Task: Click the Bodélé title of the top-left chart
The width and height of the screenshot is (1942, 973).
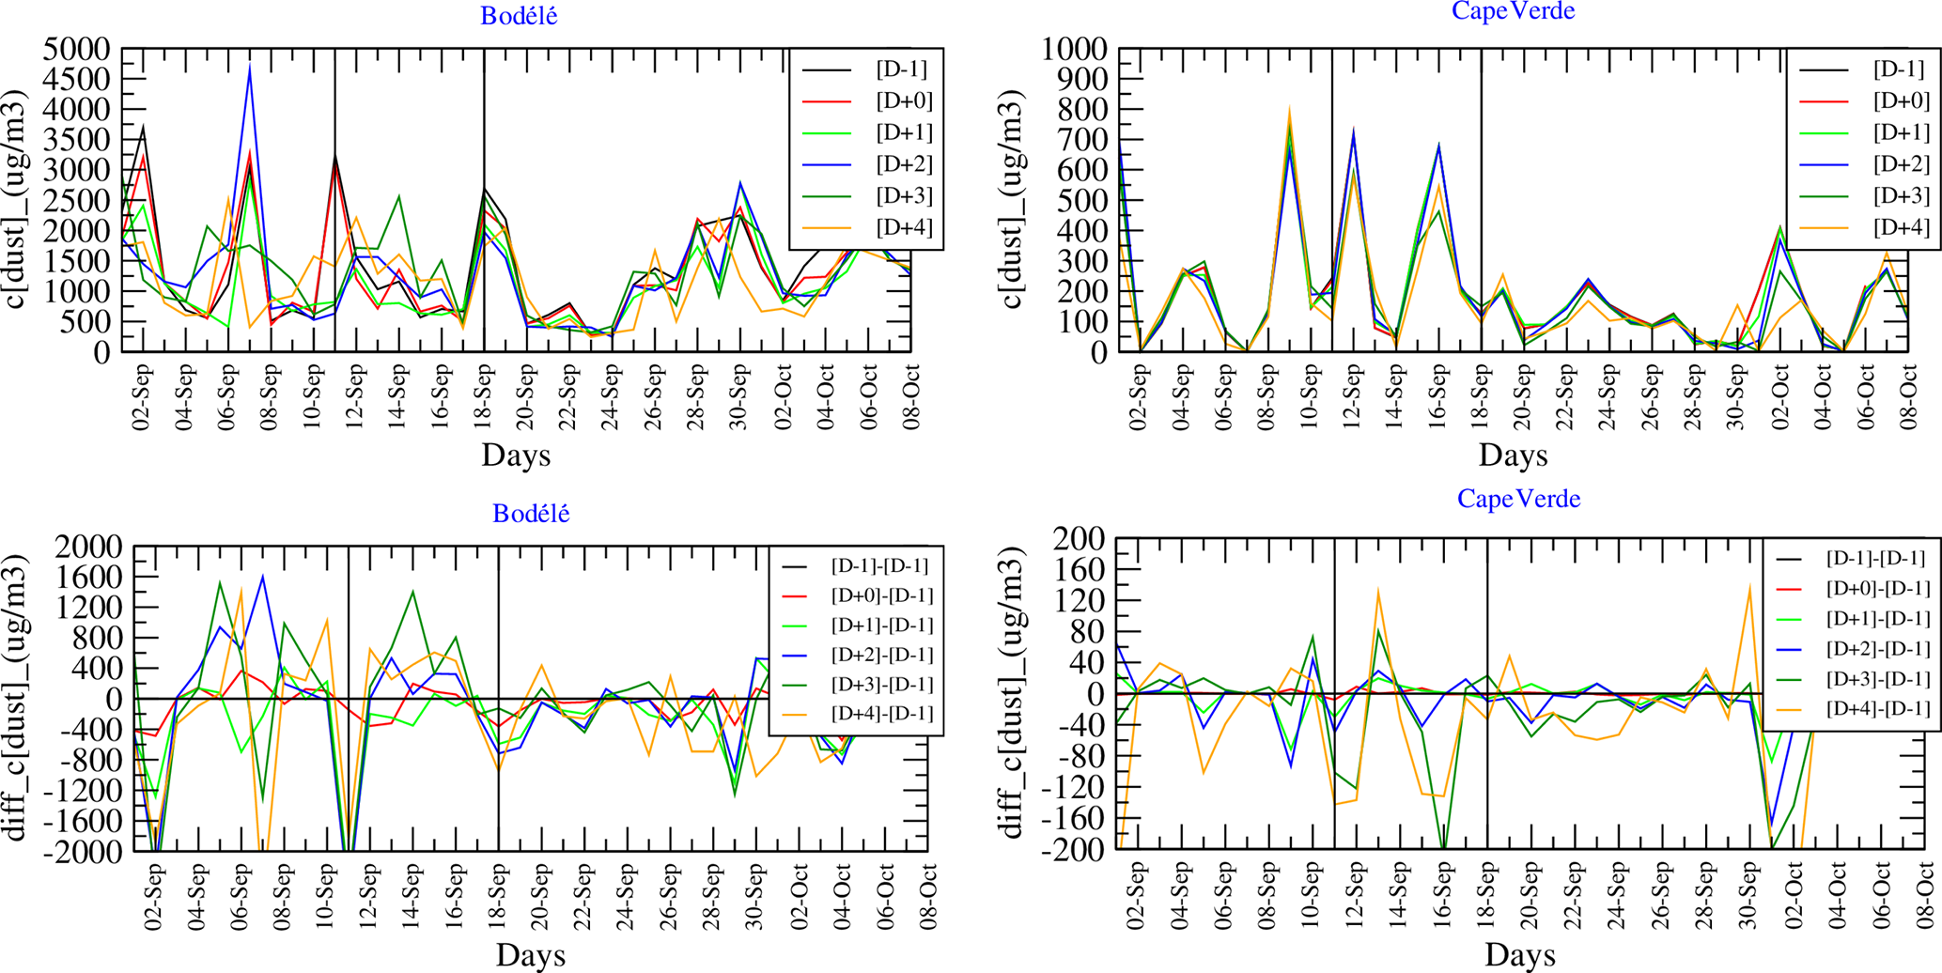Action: click(x=519, y=16)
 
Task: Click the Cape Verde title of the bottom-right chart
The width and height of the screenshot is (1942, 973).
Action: click(x=1518, y=498)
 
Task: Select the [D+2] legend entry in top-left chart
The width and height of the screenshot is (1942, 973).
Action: click(x=904, y=164)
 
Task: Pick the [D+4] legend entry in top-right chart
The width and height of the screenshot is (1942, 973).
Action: click(x=1901, y=227)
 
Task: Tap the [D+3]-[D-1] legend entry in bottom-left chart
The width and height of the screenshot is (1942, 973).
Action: click(x=879, y=684)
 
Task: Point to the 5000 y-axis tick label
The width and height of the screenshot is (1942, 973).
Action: click(x=77, y=49)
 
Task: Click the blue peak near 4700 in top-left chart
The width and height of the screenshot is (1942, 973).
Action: click(x=250, y=66)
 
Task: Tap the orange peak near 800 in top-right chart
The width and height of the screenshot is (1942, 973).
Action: click(x=1289, y=109)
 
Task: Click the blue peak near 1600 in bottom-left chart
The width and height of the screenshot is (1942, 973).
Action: click(x=262, y=576)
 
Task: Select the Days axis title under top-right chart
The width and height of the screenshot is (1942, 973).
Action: click(x=1512, y=456)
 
